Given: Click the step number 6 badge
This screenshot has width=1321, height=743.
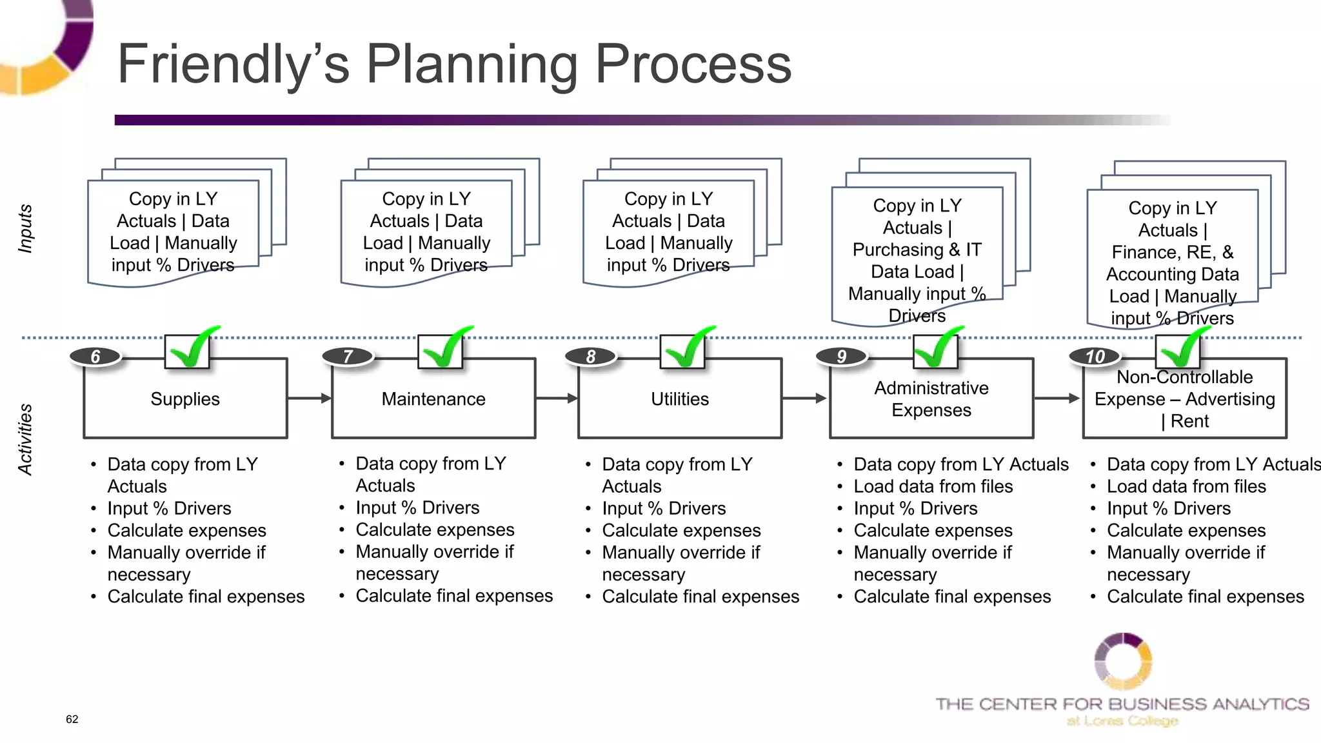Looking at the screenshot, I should coord(95,357).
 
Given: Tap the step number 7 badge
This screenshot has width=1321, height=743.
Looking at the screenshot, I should coord(348,357).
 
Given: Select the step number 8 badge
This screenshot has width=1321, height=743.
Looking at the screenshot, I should coord(591,357).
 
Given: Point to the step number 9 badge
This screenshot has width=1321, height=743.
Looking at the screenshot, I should coord(842,357).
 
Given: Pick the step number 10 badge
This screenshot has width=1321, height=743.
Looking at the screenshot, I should coord(1095,357).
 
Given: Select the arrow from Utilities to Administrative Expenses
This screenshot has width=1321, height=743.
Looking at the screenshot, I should coord(805,399).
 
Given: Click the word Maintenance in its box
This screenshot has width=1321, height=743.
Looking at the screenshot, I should coord(433,399).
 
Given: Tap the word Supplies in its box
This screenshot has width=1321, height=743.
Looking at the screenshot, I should coord(185,399).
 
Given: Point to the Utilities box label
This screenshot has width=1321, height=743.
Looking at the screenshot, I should coord(680,399).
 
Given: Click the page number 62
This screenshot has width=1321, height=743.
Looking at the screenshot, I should coord(72,719).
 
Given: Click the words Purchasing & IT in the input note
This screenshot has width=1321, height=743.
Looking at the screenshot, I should coord(917,250).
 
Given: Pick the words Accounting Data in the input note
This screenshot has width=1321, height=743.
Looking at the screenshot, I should coord(1173,274).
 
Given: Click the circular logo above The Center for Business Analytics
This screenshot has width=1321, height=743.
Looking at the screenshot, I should coord(1123,662).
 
